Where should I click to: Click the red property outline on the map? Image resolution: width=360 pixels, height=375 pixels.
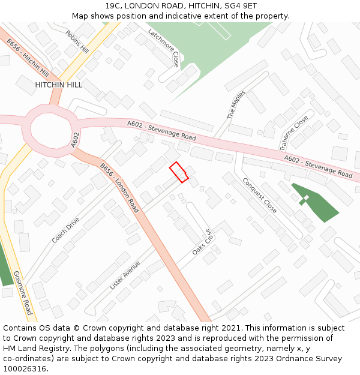click(179, 172)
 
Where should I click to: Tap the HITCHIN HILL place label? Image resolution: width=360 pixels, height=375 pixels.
click(58, 85)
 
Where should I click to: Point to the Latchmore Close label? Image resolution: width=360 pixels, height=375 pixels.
click(164, 48)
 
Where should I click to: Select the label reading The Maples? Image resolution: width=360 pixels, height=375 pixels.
click(236, 105)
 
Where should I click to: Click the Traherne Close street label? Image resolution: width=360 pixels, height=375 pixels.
click(293, 132)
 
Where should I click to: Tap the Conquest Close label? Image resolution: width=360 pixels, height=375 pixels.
click(259, 195)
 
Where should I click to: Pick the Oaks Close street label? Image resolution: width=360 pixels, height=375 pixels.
click(203, 242)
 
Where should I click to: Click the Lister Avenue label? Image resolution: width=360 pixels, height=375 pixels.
click(125, 275)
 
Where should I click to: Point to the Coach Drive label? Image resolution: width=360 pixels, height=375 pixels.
click(65, 230)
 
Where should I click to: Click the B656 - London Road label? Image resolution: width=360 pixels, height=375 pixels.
click(119, 188)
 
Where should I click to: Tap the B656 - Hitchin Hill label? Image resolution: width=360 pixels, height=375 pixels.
click(28, 58)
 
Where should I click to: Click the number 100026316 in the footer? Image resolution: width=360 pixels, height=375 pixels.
click(25, 368)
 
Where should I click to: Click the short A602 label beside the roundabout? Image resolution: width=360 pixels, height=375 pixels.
click(75, 140)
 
